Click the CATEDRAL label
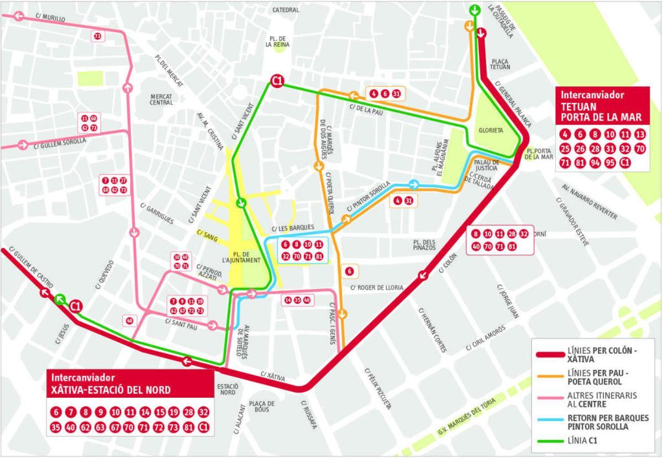coord(286,10)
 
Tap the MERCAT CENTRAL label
coord(161,99)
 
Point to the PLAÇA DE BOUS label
coord(262,407)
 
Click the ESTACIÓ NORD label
coord(227,389)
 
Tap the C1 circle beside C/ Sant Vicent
coord(277,82)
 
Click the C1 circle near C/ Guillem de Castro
coord(76,306)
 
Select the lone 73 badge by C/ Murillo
coord(97,36)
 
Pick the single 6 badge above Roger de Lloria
coord(349,271)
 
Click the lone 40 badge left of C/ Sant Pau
coord(129,320)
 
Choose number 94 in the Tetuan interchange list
coord(595,162)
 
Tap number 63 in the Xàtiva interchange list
coord(100,427)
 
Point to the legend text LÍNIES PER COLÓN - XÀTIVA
coord(601,354)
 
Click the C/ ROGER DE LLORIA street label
coord(376,287)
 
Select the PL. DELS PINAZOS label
coord(424,245)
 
